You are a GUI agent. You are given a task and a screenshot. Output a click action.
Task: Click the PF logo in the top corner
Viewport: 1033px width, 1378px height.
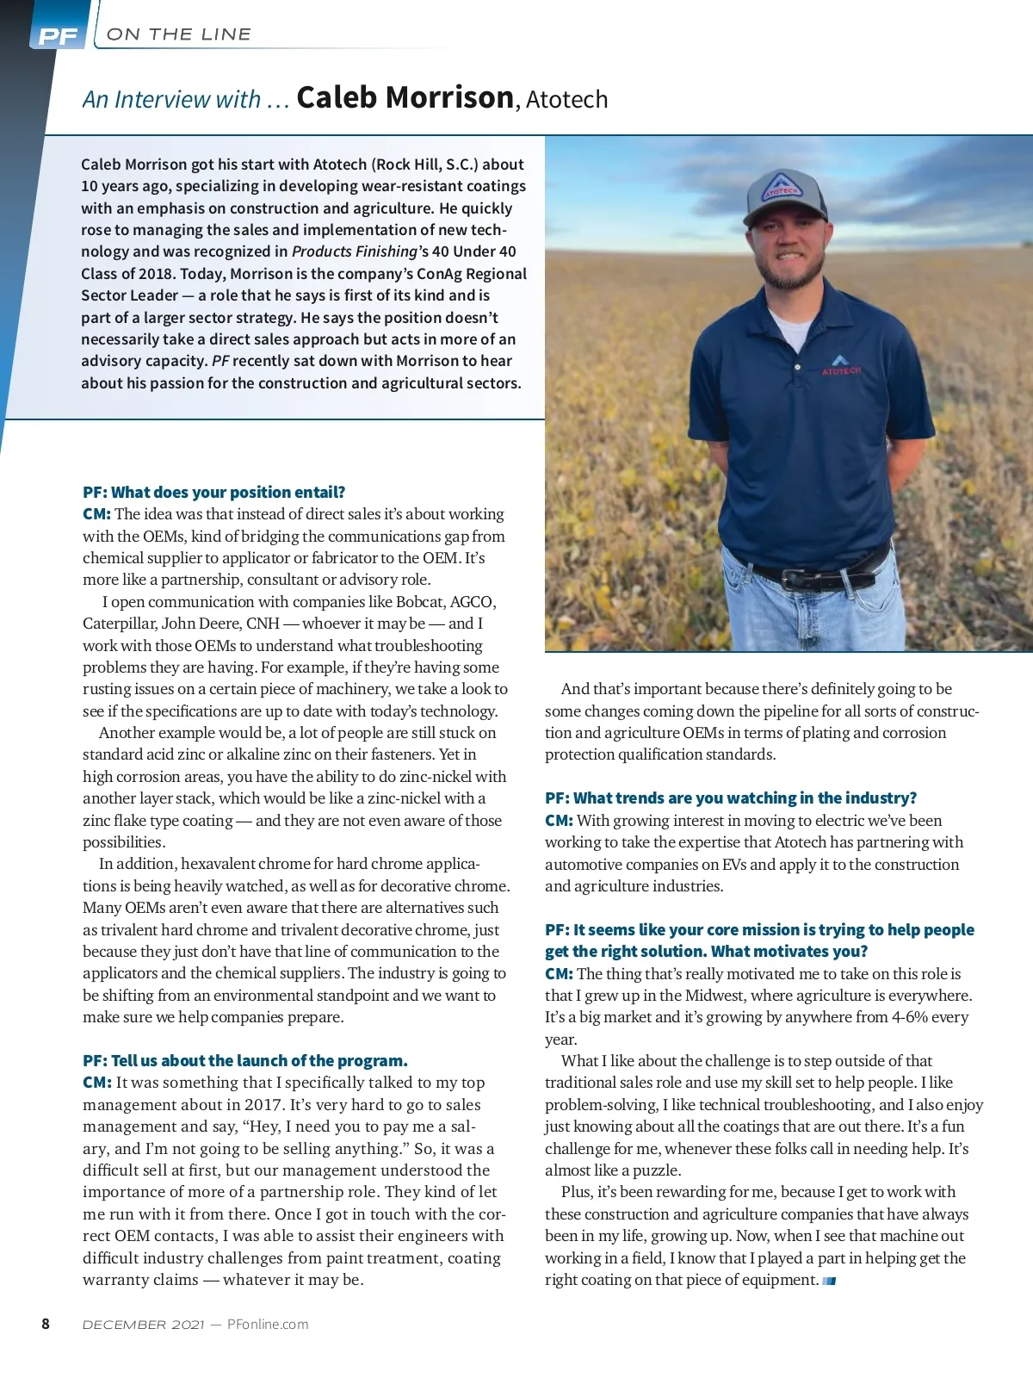tap(58, 36)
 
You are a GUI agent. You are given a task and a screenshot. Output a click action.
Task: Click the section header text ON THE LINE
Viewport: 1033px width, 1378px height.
tap(179, 34)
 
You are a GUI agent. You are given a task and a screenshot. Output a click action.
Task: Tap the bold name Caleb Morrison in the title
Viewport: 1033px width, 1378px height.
tap(405, 98)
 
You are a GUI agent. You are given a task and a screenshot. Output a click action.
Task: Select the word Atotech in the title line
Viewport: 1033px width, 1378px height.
tap(566, 100)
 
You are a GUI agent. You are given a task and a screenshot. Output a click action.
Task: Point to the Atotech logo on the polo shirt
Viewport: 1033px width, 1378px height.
tap(840, 364)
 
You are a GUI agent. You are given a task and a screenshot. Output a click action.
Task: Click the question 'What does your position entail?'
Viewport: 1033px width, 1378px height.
tap(227, 492)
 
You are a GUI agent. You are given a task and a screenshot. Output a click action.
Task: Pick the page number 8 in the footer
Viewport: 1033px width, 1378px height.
tap(46, 1324)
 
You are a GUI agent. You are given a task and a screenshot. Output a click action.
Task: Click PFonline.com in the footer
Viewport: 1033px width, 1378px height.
tap(268, 1325)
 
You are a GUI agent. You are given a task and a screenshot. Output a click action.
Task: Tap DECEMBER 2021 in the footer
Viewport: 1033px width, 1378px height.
tap(143, 1325)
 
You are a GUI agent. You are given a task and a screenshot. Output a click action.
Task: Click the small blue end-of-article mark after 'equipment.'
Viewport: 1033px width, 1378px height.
tap(830, 1281)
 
